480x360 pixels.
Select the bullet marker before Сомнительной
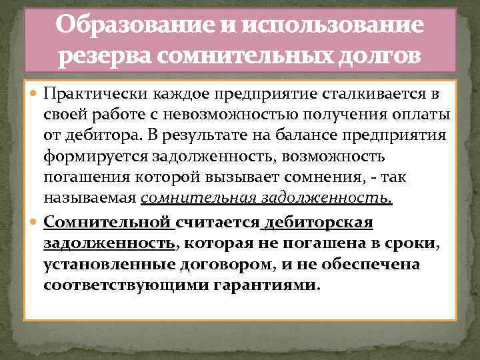(x=35, y=221)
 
